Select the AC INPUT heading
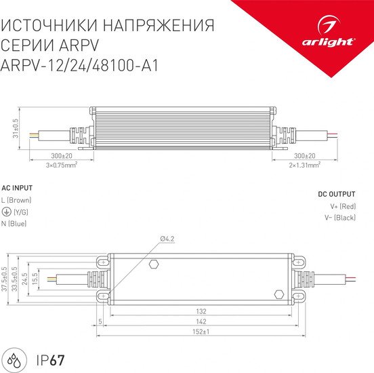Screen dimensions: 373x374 point(17,188)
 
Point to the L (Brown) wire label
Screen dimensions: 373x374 point(16,200)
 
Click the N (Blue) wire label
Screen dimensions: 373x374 point(14,223)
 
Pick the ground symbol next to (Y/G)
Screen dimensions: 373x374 point(5,212)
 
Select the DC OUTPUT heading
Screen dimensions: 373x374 point(337,194)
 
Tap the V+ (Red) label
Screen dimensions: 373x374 point(342,205)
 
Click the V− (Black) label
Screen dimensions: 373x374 point(339,217)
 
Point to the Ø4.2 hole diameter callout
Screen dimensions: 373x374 point(167,239)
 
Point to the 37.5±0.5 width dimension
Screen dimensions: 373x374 point(5,279)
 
